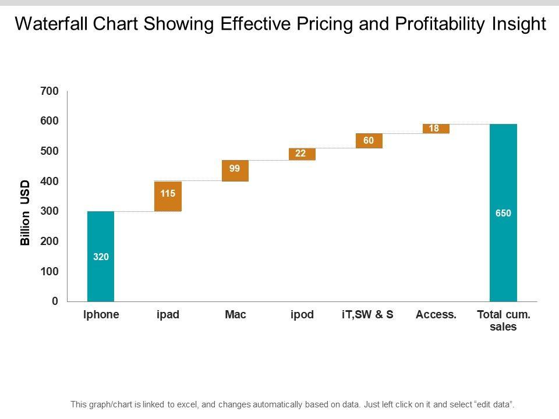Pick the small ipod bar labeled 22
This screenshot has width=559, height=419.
[x=302, y=154]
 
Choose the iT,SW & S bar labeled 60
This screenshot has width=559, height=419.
[x=369, y=141]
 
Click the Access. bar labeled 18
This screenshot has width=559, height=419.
[x=436, y=129]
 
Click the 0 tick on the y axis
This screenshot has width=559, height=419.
[x=55, y=301]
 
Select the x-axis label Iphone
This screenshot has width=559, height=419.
[x=101, y=315]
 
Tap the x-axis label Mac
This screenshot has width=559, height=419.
[x=235, y=315]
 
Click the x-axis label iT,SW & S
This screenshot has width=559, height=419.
[x=367, y=315]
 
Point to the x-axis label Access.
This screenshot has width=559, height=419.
[x=436, y=315]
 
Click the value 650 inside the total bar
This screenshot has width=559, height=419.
[x=503, y=214]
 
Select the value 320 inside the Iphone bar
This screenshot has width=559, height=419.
[x=101, y=256]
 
